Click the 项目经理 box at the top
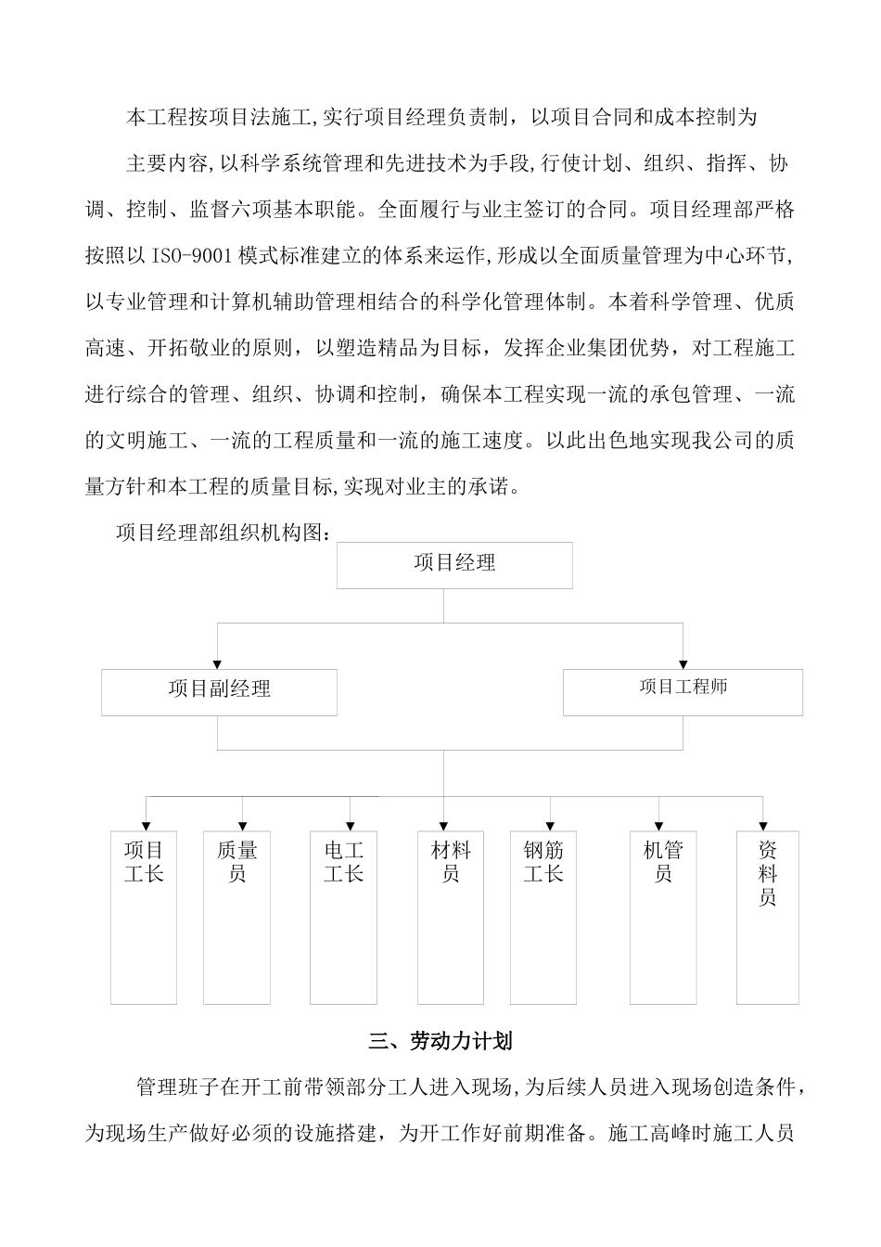pyautogui.click(x=454, y=565)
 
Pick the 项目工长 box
pyautogui.click(x=144, y=917)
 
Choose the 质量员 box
pyautogui.click(x=237, y=917)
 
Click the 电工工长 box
pyautogui.click(x=343, y=917)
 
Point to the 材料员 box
pyautogui.click(x=451, y=917)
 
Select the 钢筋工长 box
pyautogui.click(x=543, y=917)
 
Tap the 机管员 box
pyautogui.click(x=663, y=917)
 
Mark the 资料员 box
pyautogui.click(x=768, y=917)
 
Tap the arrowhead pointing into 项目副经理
pyautogui.click(x=218, y=663)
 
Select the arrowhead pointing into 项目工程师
pyautogui.click(x=683, y=663)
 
